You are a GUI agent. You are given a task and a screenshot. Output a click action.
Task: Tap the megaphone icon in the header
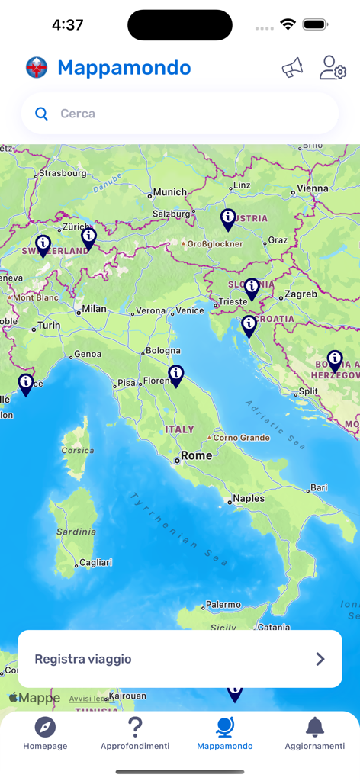pos(292,68)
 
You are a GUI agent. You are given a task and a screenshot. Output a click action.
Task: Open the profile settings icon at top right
pos(333,68)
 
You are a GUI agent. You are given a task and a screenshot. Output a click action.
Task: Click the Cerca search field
pos(180,114)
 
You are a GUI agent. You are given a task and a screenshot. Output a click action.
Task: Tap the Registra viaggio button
pos(180,659)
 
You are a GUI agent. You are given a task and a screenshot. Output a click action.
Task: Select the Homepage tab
pos(45,734)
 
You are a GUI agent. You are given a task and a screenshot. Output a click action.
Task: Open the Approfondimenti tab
pos(135,734)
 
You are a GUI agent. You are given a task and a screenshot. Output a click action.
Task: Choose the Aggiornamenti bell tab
pos(314,734)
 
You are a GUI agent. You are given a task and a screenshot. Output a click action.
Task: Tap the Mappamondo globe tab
pos(225,734)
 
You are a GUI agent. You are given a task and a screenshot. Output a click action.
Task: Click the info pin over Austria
pos(228,219)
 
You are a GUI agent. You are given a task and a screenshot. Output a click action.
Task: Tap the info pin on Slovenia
pos(252,288)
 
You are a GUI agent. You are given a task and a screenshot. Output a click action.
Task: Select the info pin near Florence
pos(176,374)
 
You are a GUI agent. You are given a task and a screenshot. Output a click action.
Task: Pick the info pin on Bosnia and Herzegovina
pos(335,359)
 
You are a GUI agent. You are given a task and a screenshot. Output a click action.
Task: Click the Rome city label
pos(196,455)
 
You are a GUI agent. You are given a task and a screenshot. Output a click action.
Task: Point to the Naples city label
pos(249,498)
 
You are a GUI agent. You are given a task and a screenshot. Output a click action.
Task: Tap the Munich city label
pos(169,192)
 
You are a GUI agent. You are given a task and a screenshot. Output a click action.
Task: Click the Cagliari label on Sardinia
pos(95,563)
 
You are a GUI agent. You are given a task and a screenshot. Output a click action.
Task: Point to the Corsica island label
pos(78,450)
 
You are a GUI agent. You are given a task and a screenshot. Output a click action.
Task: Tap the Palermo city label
pos(223,605)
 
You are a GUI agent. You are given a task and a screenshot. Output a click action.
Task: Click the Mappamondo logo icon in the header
pos(37,68)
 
